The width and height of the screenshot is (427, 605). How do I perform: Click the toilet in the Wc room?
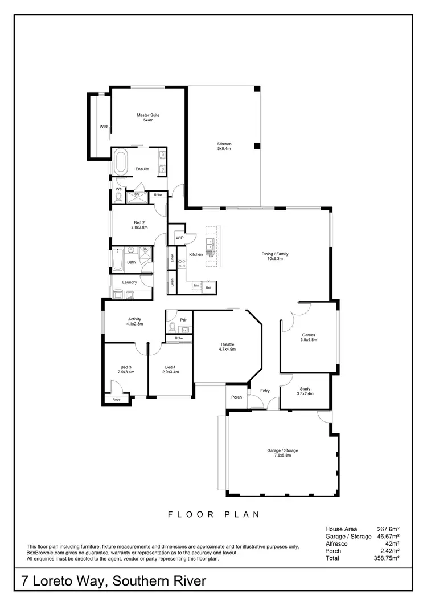[118, 197]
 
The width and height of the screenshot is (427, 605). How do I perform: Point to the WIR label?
[104, 127]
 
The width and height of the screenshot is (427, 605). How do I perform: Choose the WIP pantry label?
[179, 238]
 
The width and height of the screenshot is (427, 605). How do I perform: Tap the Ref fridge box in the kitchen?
[208, 289]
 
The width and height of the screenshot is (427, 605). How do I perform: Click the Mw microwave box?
[196, 285]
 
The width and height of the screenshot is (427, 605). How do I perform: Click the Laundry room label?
[130, 282]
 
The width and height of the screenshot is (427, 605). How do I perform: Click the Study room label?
[305, 391]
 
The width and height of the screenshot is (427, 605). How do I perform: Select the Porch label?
[236, 397]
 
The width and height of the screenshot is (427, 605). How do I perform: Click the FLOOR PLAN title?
[213, 514]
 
